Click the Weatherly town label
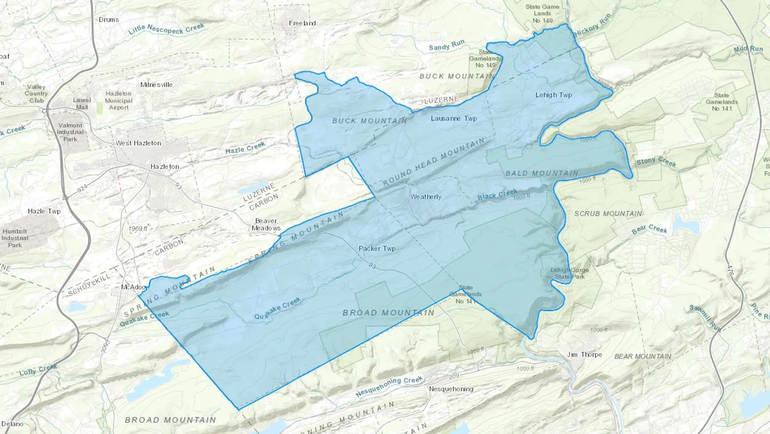426,197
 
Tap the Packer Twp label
377,248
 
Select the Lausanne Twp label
453,118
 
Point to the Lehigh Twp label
554,95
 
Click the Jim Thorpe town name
584,354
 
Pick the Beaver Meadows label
266,224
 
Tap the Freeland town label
302,23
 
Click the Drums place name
109,19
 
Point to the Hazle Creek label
245,148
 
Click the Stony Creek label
656,162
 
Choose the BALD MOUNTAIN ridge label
542,173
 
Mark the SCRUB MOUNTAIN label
608,213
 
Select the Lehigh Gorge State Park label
569,273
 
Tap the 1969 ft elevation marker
138,228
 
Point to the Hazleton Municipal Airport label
118,100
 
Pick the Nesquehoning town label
451,389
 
